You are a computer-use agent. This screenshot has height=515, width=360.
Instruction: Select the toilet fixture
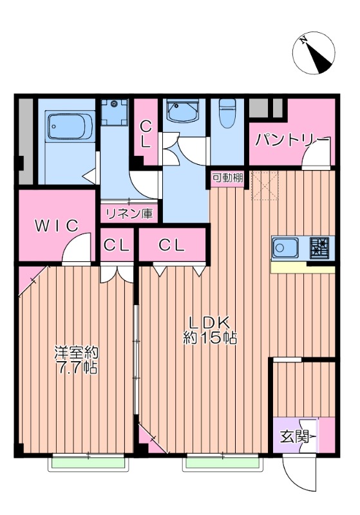[226, 115]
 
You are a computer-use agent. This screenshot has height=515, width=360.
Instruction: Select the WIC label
[57, 226]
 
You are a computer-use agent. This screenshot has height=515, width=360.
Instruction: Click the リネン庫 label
[130, 213]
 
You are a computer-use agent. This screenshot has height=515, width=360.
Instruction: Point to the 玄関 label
[293, 437]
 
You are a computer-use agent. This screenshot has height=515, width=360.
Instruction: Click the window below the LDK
[223, 462]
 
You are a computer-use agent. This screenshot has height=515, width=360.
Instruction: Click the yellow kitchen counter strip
[303, 267]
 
